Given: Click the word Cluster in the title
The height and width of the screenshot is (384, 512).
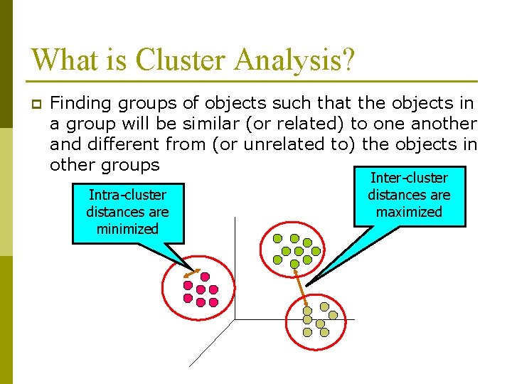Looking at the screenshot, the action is click(178, 59).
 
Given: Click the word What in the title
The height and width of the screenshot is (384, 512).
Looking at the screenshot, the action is click(60, 59).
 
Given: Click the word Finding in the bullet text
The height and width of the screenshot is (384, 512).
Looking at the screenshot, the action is click(79, 104).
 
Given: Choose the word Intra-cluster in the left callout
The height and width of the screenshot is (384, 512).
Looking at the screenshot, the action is click(127, 195).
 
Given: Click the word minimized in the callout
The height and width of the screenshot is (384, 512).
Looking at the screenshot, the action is click(127, 229).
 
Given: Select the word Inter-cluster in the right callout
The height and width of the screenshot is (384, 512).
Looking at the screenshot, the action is click(409, 178).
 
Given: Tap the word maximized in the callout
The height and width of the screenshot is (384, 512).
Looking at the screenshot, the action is click(409, 212).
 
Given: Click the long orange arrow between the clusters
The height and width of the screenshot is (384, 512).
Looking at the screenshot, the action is click(301, 285).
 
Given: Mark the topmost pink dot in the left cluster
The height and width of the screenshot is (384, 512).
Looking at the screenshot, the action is click(205, 276).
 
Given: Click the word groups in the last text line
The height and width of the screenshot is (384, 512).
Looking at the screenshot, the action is click(131, 165).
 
